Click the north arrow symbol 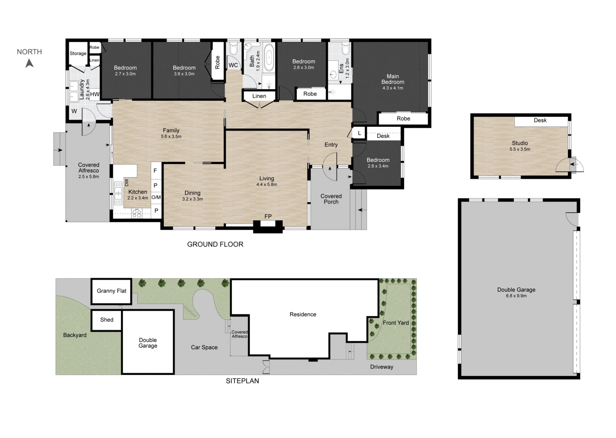coord(30,63)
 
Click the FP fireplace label coord(268,216)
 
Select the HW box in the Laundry coord(95,94)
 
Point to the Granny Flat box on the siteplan coord(111,291)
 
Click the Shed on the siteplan coord(107,320)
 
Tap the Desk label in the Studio coord(540,121)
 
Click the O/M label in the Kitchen coord(156,197)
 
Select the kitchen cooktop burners coord(137,213)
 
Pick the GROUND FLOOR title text coord(215,244)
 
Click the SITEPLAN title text coord(242,381)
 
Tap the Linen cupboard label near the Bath coord(259,96)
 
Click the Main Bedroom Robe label coord(403,119)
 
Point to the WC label coord(233,65)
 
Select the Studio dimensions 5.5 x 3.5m coord(520,149)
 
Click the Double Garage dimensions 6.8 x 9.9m coord(516,296)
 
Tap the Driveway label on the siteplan coord(382,367)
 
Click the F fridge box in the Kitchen coord(156,171)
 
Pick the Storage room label coord(78,54)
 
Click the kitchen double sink coord(118,193)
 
